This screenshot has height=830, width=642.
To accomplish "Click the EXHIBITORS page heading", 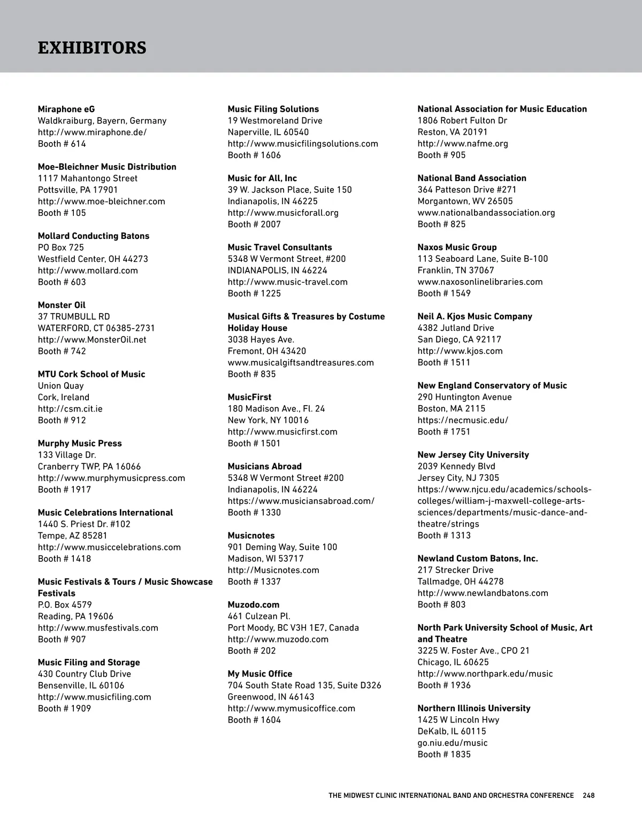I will tap(92, 48).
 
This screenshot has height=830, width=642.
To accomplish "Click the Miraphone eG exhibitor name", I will tap(66, 109).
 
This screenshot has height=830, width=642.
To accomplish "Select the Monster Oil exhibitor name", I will tap(62, 305).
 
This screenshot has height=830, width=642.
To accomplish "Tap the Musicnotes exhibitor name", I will tap(251, 536).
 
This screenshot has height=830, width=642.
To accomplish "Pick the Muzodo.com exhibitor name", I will tap(254, 604).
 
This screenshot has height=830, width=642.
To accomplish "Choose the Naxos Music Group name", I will tap(457, 247).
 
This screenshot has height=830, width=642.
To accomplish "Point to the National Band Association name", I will tap(472, 178).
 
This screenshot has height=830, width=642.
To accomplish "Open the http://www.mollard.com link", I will tap(88, 270).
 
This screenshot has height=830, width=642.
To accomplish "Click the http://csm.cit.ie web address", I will tap(70, 409).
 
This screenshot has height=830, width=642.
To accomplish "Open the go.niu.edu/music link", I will tap(453, 743).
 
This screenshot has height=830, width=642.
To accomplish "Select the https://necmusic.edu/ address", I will tap(463, 420).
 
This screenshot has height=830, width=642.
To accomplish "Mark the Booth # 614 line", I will tap(62, 144).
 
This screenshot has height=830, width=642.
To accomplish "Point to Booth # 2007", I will tap(254, 224).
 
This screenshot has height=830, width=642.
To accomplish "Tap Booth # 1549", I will tap(444, 293).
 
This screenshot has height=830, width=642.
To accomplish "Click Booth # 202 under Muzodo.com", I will tap(252, 651).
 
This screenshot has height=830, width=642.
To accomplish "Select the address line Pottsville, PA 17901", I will tap(78, 190).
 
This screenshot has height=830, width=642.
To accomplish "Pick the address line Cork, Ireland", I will tap(64, 397).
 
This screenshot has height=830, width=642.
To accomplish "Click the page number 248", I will tap(588, 795).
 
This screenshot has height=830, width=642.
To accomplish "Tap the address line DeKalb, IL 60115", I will tap(452, 731).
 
